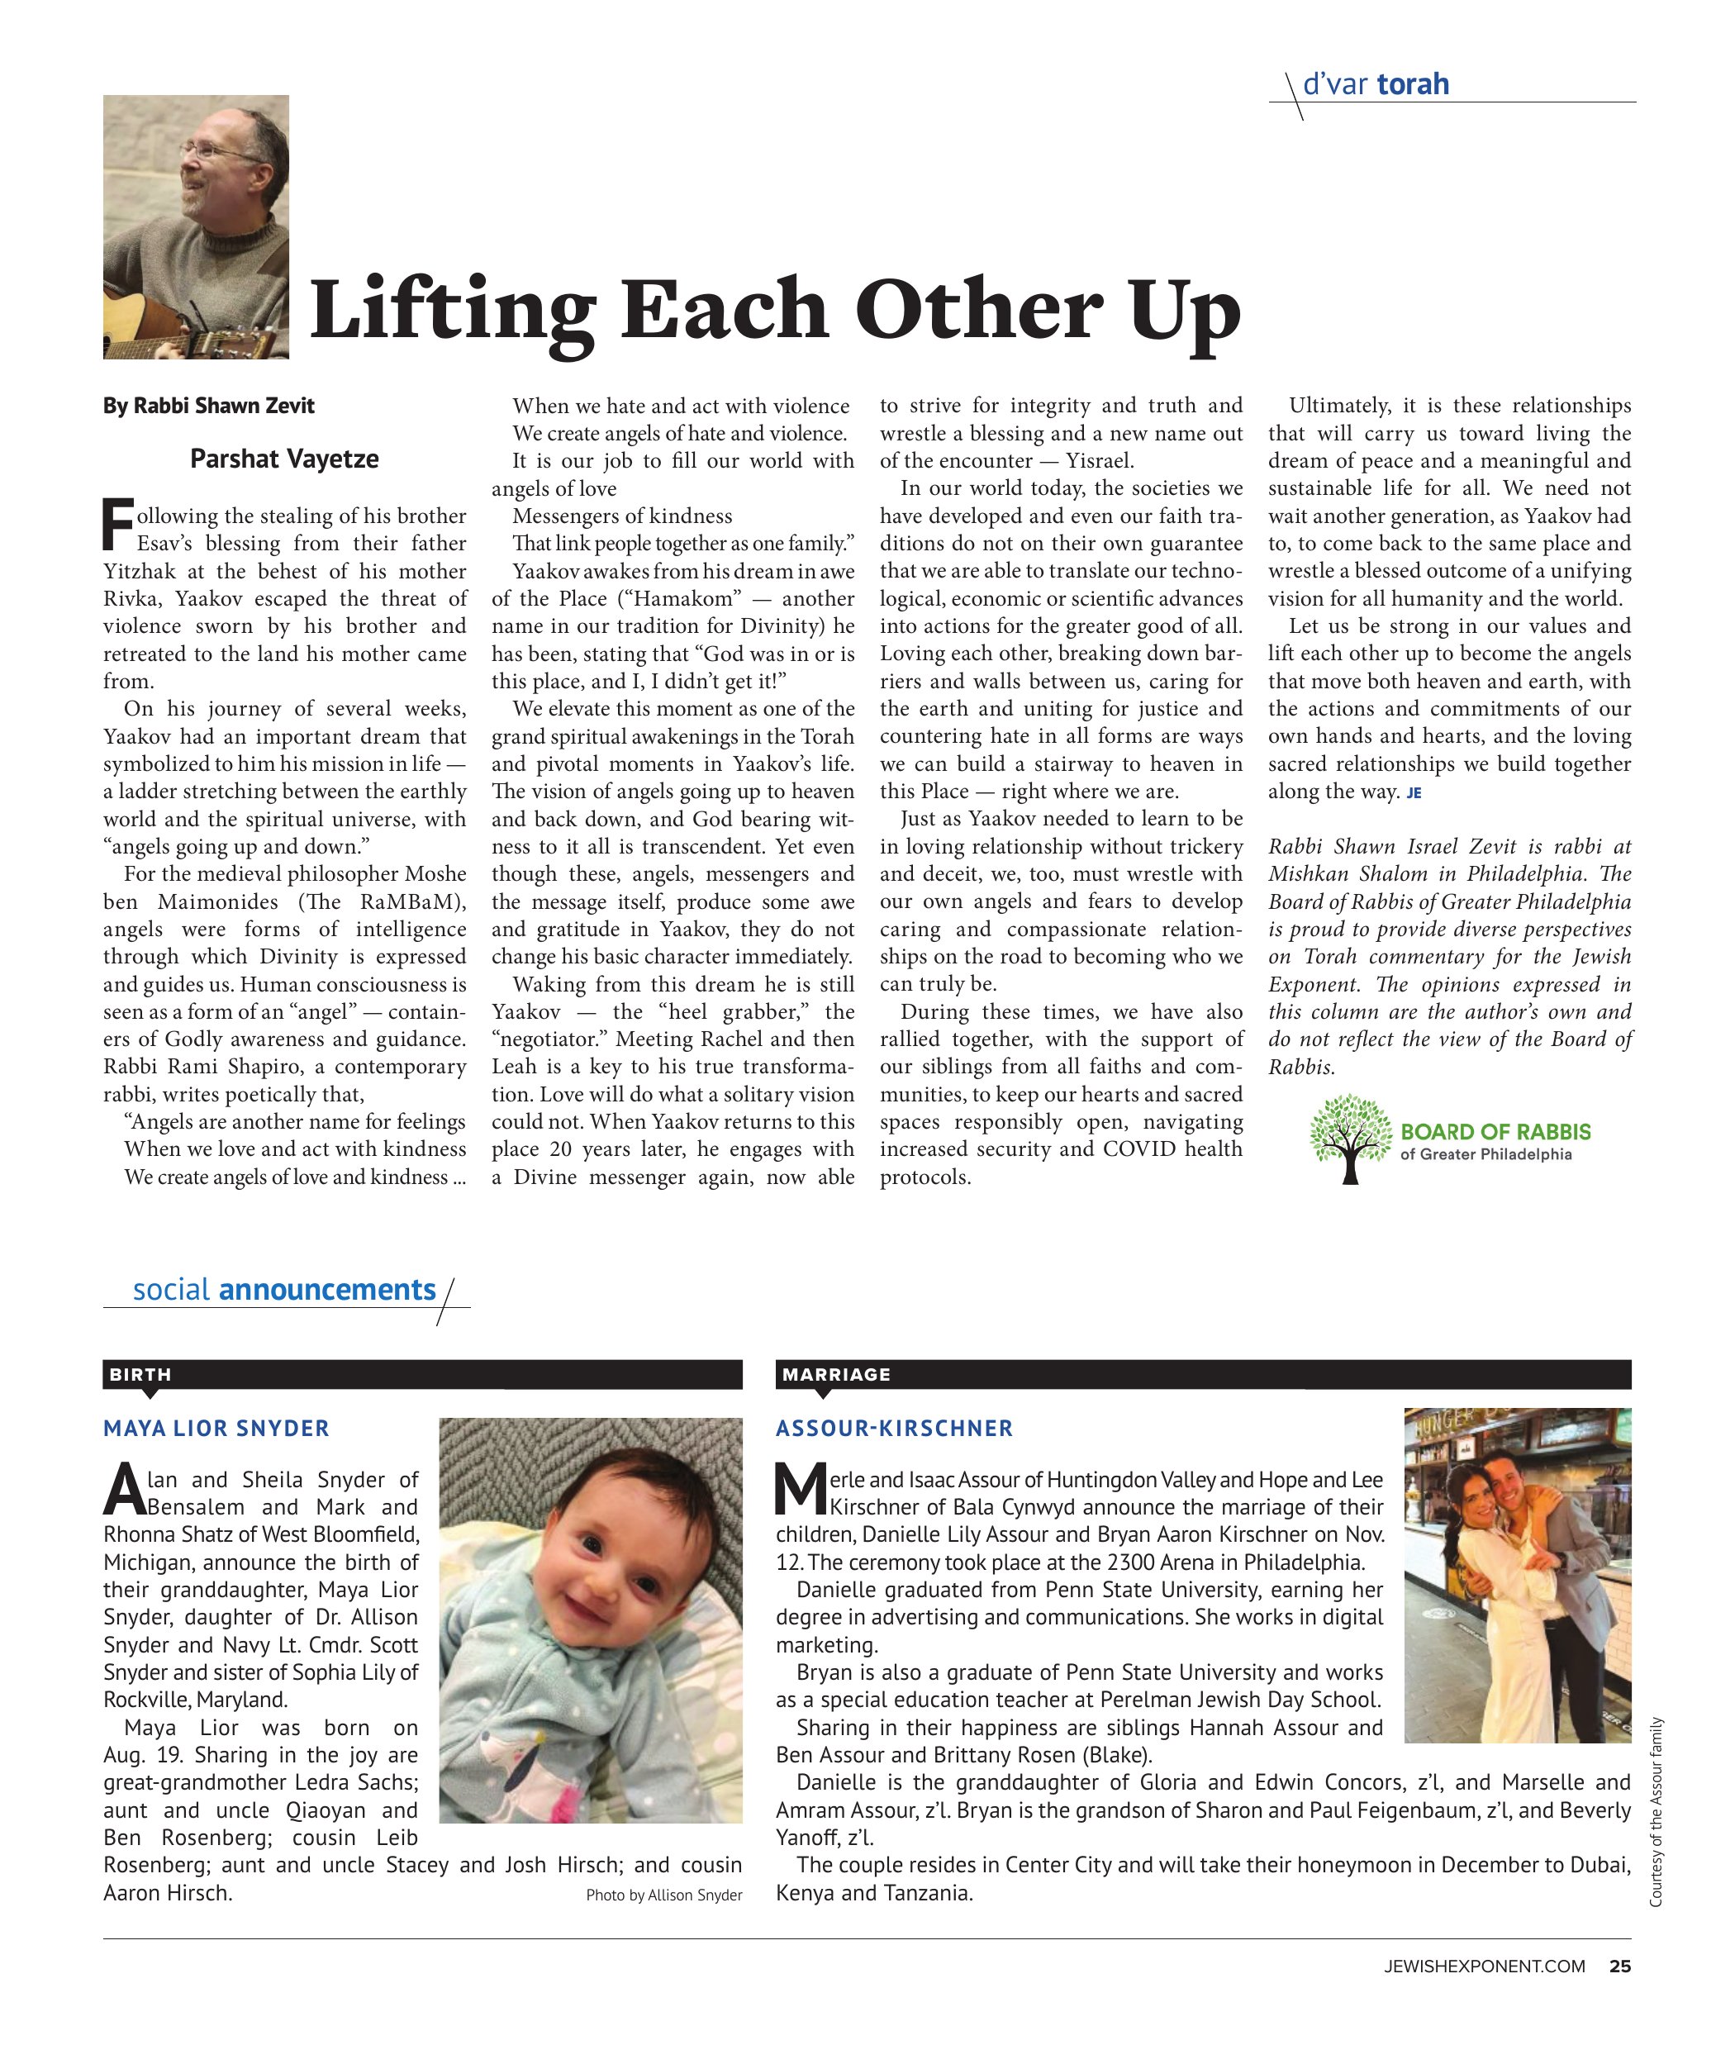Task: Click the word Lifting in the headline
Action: point(453,311)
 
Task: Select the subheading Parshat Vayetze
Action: point(284,459)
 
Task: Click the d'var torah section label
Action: point(1375,84)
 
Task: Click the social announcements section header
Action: point(284,1290)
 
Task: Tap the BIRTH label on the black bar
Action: point(140,1374)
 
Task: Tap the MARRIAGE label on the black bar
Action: point(836,1374)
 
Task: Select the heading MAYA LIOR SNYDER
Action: point(216,1429)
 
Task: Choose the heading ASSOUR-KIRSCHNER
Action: point(894,1429)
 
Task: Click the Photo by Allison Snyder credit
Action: point(664,1895)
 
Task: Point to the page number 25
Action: point(1620,1967)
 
